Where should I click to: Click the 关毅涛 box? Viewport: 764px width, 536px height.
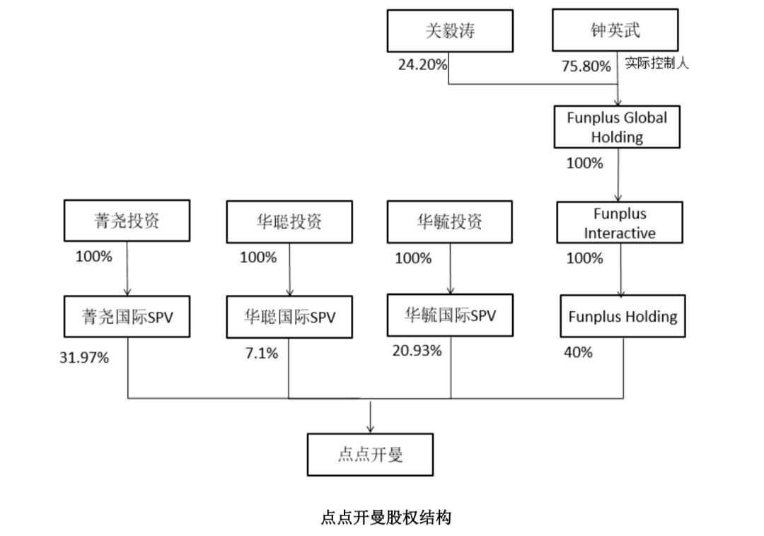point(450,30)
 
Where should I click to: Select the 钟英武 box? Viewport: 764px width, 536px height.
point(615,30)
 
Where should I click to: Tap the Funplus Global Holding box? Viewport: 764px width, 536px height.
point(617,127)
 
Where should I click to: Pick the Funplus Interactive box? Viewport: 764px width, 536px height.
point(620,223)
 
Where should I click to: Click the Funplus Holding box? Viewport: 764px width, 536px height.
point(623,316)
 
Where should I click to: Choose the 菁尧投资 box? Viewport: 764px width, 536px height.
point(127,221)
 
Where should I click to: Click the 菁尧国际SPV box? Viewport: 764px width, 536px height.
point(127,317)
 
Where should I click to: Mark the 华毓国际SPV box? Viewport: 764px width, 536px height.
point(451,315)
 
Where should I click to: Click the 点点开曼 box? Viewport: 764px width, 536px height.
point(370,454)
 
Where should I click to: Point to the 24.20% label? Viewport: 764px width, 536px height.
point(422,65)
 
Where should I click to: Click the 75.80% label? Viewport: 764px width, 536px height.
point(586,66)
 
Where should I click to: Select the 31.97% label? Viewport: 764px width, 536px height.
point(83,358)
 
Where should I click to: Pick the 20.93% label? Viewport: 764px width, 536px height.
point(417,351)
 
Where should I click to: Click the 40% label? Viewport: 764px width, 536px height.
point(578,352)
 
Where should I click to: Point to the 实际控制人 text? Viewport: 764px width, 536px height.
point(656,64)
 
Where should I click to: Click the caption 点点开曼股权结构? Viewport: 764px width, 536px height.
point(386,518)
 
